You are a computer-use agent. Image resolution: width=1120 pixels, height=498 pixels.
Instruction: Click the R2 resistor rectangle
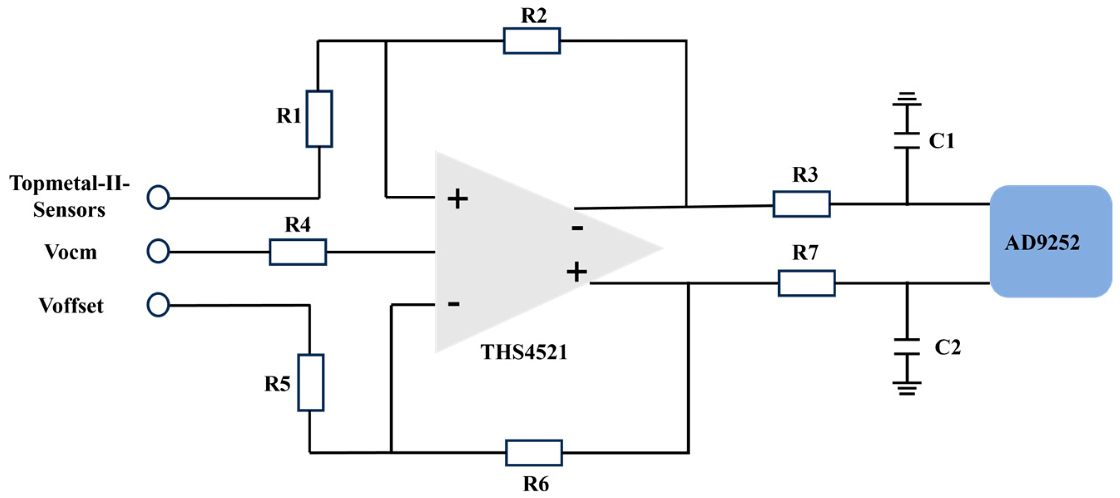(x=531, y=41)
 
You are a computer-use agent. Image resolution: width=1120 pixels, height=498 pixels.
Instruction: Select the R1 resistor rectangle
(x=319, y=118)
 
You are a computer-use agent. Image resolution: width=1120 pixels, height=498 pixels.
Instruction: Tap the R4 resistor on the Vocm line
(x=297, y=251)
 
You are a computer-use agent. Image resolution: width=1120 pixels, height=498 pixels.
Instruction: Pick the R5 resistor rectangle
(x=310, y=382)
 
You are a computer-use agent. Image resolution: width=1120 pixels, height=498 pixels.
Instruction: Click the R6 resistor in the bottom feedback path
(x=533, y=453)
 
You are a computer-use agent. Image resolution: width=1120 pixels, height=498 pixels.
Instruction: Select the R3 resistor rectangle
(x=801, y=204)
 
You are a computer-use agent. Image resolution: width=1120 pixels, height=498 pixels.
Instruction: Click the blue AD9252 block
(x=1050, y=241)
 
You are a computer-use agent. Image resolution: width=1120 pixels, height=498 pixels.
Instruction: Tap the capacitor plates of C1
(x=907, y=141)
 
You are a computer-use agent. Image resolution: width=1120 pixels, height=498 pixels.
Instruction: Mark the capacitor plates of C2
(x=907, y=346)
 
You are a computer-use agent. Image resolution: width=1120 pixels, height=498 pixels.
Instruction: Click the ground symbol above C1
(x=907, y=99)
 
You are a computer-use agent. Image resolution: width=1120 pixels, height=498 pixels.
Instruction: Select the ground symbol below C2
(x=907, y=388)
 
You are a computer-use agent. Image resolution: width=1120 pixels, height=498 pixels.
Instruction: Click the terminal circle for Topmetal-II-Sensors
(x=158, y=198)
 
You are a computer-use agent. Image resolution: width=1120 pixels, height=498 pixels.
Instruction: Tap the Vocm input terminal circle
(x=158, y=251)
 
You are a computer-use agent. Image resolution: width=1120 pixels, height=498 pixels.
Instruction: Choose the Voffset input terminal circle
(x=158, y=305)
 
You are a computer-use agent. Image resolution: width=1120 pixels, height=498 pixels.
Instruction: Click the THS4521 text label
(x=523, y=352)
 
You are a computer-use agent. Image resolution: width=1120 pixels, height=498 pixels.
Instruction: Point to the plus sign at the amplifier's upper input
(x=457, y=199)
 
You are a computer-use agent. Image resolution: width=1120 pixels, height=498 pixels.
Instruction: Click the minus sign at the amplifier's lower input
(x=453, y=303)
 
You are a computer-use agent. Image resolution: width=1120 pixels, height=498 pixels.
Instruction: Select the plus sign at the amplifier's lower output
(x=577, y=272)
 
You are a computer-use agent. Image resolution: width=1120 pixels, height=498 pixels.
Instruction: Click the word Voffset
(x=71, y=306)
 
